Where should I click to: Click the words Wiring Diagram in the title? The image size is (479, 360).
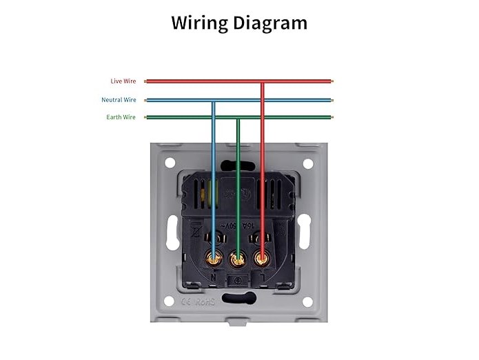point(239,23)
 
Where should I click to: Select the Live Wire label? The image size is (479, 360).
point(123,81)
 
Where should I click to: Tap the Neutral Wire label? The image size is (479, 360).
point(119,100)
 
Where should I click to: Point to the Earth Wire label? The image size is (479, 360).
point(121,117)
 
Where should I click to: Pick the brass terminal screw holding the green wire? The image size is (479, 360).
point(238,259)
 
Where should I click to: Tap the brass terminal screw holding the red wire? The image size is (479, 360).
point(262,259)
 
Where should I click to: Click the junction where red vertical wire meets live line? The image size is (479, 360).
point(262,81)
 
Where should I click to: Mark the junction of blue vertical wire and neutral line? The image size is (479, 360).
point(214,100)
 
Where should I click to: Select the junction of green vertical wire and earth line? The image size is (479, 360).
point(238,117)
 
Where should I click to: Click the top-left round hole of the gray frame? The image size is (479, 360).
point(170,164)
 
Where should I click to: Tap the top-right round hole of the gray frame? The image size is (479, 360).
point(307,164)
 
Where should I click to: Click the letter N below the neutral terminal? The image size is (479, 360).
point(212,277)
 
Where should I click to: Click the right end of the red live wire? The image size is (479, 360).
point(332,81)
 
